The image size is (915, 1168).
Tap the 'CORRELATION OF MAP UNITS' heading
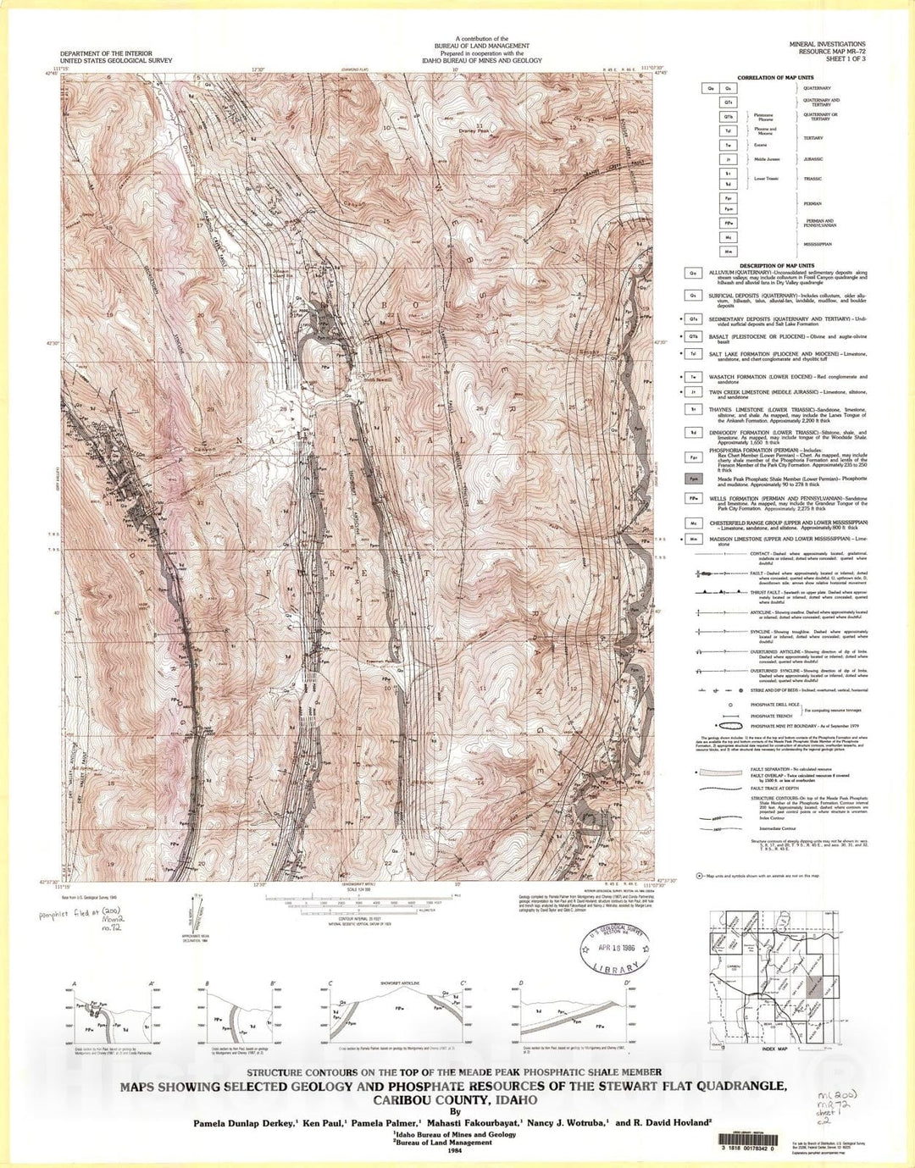click(775, 78)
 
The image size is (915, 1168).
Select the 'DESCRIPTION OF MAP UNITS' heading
click(766, 265)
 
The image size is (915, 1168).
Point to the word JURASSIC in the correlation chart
click(813, 159)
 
